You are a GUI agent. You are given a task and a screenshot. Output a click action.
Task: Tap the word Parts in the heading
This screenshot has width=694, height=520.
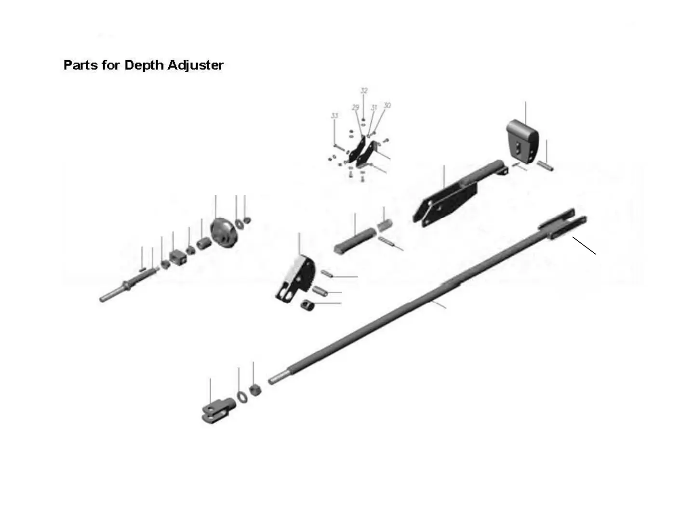coord(80,65)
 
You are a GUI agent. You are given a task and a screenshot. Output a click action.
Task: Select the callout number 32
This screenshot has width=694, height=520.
coord(364,91)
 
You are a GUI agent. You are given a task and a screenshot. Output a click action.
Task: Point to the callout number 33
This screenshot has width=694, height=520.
coord(334,116)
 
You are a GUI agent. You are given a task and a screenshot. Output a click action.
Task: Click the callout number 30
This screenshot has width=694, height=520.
coord(387,105)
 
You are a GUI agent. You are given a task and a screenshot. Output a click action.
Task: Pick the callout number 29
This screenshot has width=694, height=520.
coord(356,107)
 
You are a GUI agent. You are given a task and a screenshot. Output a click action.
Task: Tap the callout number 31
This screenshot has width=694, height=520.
coord(374,108)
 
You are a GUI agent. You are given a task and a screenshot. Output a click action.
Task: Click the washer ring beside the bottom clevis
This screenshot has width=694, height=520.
coord(242,396)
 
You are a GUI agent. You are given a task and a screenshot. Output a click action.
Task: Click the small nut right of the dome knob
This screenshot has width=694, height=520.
coord(247,221)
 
